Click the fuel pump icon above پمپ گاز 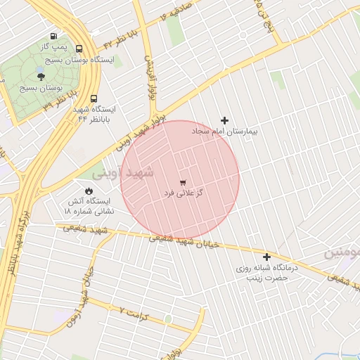(53, 37)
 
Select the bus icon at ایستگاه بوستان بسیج (78, 50)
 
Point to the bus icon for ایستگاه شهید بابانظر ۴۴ (94, 99)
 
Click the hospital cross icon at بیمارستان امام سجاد (225, 120)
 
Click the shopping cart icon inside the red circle (183, 181)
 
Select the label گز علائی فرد (184, 192)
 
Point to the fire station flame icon (89, 191)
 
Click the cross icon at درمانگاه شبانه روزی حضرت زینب (266, 257)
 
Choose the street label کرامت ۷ (136, 310)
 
